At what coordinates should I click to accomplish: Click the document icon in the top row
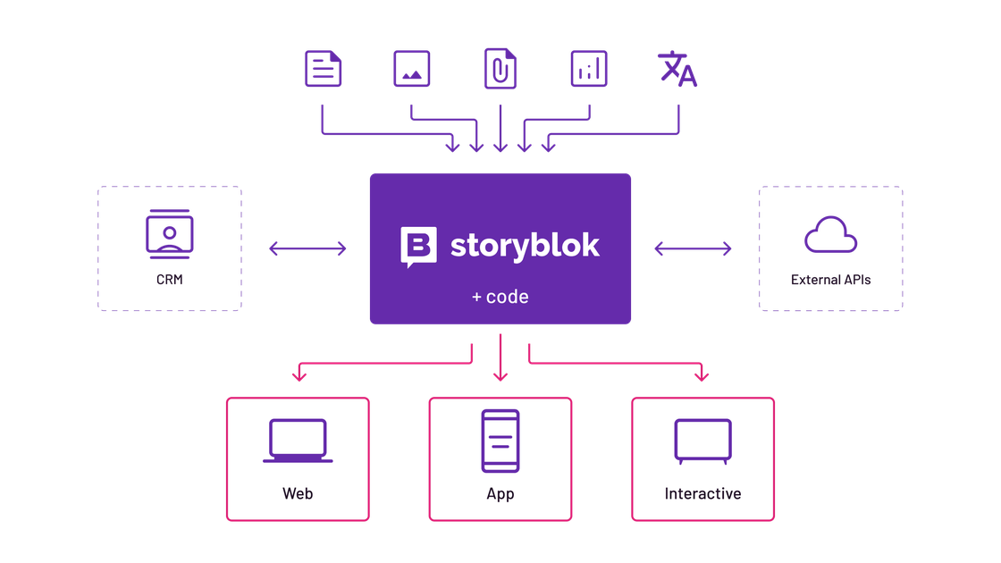[323, 69]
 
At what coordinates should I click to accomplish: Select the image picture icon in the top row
[411, 69]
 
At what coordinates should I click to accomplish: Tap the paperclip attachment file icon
[500, 69]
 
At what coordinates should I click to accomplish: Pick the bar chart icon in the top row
[588, 69]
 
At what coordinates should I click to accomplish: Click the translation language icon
[677, 69]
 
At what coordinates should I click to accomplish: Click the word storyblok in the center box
[525, 246]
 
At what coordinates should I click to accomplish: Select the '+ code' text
[500, 296]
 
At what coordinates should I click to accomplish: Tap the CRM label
[169, 280]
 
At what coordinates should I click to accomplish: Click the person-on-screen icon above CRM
[169, 233]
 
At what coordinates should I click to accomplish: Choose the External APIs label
[830, 280]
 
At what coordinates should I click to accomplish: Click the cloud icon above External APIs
[830, 234]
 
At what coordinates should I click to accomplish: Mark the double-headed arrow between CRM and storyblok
[307, 248]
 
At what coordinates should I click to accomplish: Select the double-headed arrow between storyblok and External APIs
[693, 248]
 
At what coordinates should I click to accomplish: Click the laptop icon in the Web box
[298, 441]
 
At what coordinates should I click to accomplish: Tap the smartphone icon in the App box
[500, 441]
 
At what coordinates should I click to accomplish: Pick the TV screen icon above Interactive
[702, 441]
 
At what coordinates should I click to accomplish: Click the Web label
[298, 493]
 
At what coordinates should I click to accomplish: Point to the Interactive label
[702, 493]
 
